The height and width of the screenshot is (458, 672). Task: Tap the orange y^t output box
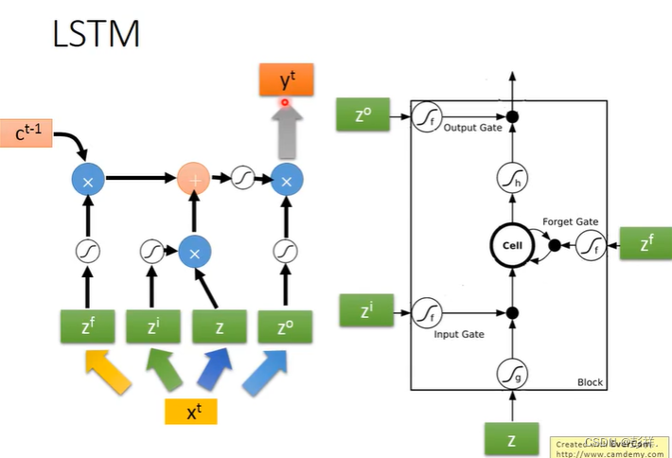click(284, 79)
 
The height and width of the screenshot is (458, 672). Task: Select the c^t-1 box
click(33, 132)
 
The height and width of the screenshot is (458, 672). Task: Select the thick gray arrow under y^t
click(284, 128)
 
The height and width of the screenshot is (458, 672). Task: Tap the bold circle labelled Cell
click(511, 246)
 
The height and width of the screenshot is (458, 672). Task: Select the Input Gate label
click(459, 334)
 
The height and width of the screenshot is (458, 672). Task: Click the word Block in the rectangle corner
click(590, 382)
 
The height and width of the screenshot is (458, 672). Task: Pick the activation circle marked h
click(512, 177)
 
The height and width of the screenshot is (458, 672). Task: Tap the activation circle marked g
click(512, 375)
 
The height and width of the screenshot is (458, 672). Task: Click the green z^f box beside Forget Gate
click(645, 245)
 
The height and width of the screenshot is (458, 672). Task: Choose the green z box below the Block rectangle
click(512, 439)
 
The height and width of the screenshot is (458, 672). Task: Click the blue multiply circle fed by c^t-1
click(87, 178)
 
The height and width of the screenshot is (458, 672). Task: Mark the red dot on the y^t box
click(284, 101)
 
